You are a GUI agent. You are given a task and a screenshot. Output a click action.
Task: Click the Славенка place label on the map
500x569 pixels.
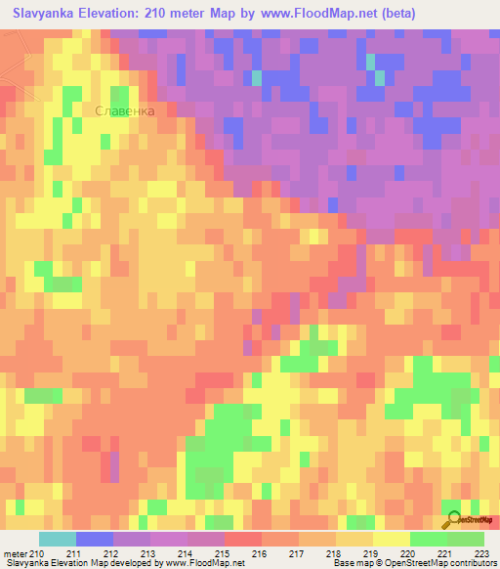126,111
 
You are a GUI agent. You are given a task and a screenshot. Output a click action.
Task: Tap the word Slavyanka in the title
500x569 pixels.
45,13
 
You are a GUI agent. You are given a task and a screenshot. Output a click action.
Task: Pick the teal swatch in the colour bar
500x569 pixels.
58,539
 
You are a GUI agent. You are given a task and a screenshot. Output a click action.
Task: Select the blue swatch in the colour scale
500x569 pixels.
95,539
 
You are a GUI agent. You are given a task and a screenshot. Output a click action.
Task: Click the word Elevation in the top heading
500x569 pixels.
122,13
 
